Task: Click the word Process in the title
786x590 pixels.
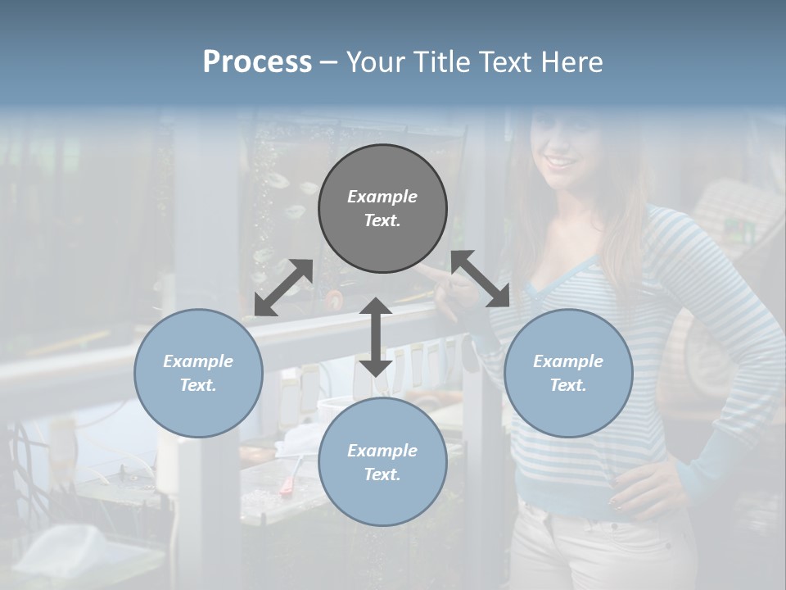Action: click(257, 62)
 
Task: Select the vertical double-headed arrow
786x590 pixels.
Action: click(376, 337)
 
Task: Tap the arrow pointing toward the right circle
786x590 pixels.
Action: click(481, 279)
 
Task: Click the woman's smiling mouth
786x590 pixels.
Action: click(562, 161)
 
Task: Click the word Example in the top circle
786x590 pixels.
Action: click(382, 197)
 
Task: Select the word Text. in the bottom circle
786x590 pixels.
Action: click(382, 474)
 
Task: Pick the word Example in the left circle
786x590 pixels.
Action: click(198, 361)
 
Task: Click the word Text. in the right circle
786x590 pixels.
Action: click(568, 385)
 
